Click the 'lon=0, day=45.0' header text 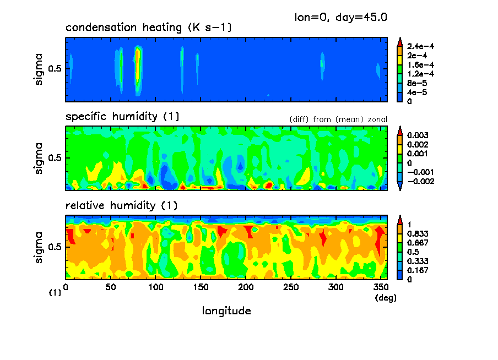click(x=341, y=17)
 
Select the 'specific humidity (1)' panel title click(x=122, y=117)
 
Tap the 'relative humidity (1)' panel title click(x=121, y=206)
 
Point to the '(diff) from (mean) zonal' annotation click(x=338, y=119)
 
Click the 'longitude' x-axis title click(x=227, y=311)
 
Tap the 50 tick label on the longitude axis click(x=111, y=287)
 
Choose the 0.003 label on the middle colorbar click(x=418, y=135)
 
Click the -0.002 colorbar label click(x=420, y=181)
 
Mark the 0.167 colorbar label click(x=418, y=270)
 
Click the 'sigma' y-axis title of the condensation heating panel click(x=39, y=69)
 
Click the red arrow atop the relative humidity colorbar click(x=400, y=220)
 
